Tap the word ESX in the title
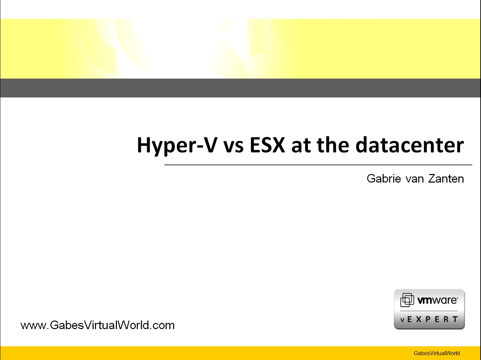tap(267, 145)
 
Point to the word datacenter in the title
tap(410, 144)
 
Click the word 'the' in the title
tap(333, 144)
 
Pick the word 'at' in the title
tap(301, 146)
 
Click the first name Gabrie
tap(384, 178)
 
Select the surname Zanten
tap(446, 178)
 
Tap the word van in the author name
tap(415, 180)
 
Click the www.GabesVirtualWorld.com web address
tap(97, 325)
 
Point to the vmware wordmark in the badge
tap(437, 300)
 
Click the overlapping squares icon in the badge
tap(407, 300)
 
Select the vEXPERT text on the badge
tap(429, 320)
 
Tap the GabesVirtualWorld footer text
tap(436, 353)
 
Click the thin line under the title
tap(318, 165)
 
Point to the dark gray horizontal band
tap(240, 88)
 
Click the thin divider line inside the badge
tap(429, 311)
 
